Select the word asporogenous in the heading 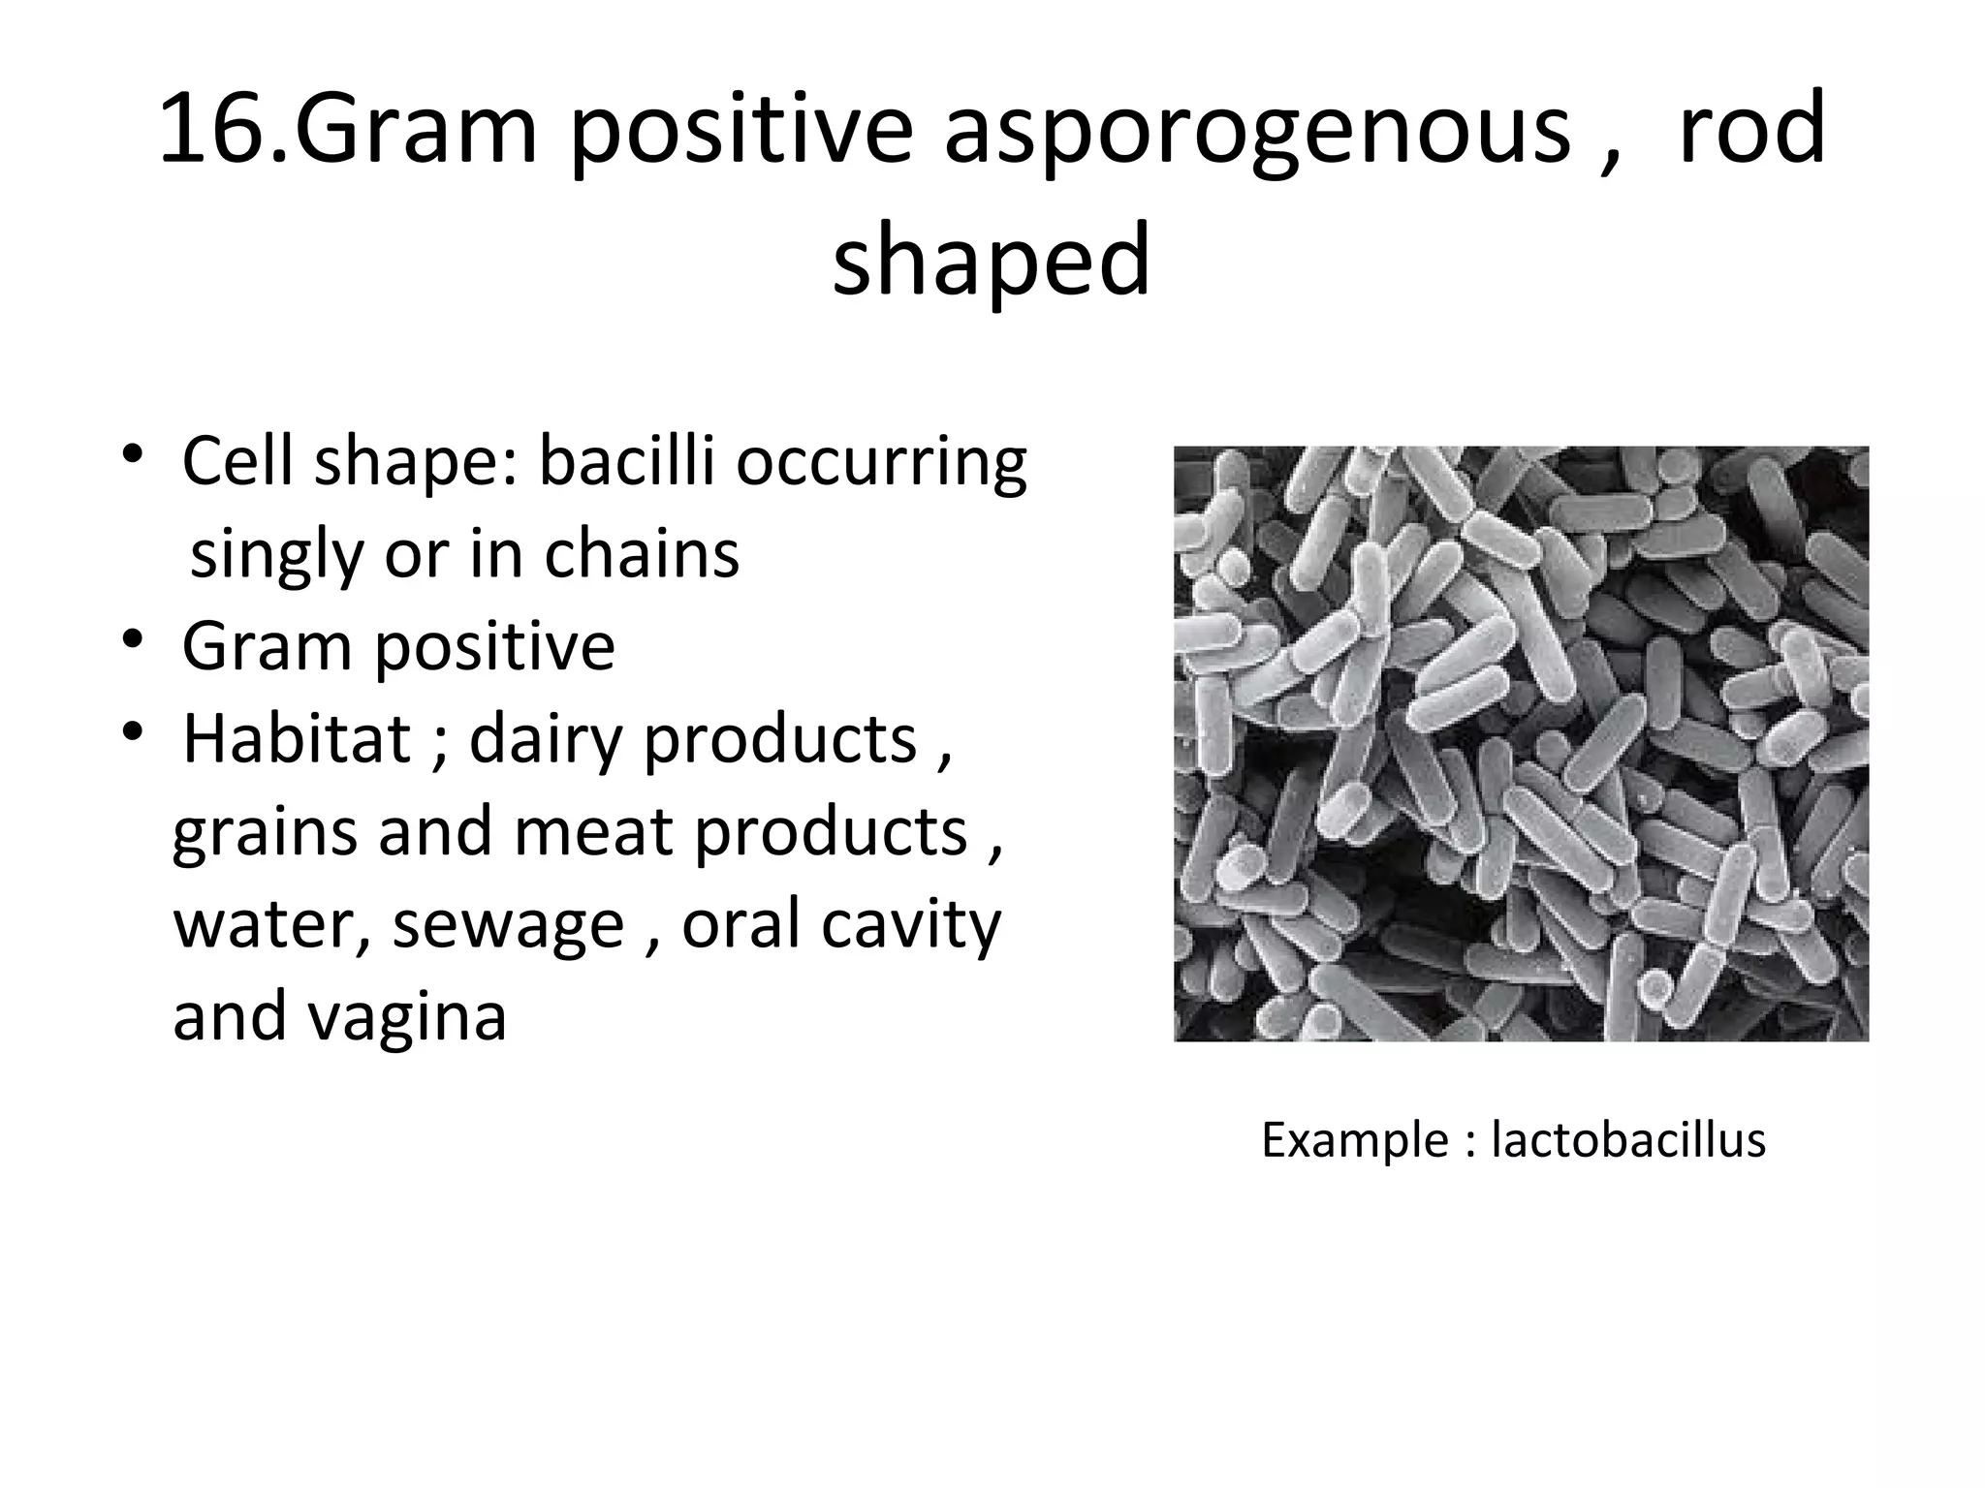pyautogui.click(x=1257, y=132)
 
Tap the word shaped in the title pyautogui.click(x=992, y=260)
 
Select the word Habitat pyautogui.click(x=297, y=739)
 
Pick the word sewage pyautogui.click(x=508, y=923)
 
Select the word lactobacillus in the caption pyautogui.click(x=1627, y=1139)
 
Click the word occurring pyautogui.click(x=880, y=463)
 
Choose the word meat pyautogui.click(x=592, y=831)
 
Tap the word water pyautogui.click(x=271, y=923)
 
